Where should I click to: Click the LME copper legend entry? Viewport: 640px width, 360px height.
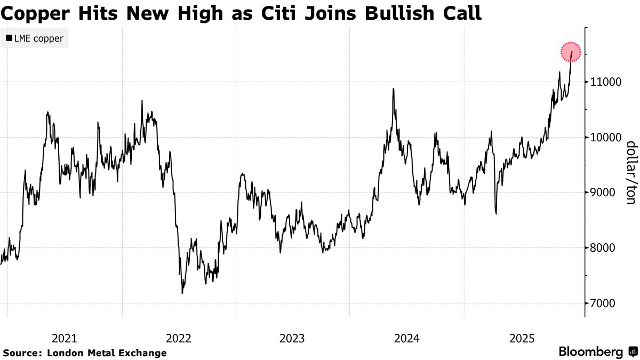[35, 38]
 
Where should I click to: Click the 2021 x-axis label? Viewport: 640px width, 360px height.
[65, 338]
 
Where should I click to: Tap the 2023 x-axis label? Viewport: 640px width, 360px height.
[292, 338]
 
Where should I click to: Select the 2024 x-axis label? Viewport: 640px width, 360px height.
[407, 338]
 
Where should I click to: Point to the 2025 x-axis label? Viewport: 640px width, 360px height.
[522, 338]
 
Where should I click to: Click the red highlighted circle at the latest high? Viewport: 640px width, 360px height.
[571, 52]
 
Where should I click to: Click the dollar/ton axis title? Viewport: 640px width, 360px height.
[630, 172]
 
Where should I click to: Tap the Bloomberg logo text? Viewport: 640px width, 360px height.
[591, 352]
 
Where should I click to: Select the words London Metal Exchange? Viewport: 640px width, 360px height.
[107, 353]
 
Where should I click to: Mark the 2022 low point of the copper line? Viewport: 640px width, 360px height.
[182, 293]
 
